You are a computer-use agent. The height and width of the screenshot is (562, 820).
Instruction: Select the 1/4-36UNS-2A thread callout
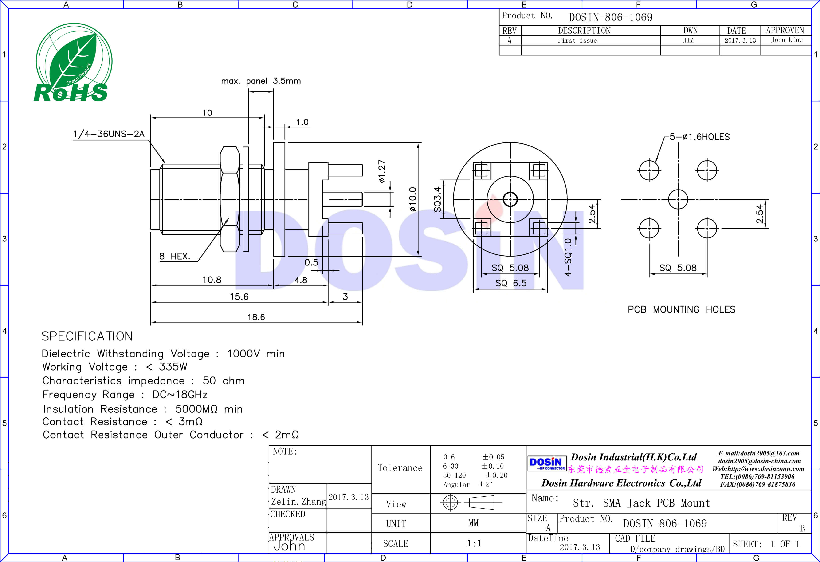(x=109, y=134)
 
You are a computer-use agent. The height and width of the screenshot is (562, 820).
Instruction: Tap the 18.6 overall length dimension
(x=256, y=317)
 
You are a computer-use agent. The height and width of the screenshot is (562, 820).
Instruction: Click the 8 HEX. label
(x=175, y=256)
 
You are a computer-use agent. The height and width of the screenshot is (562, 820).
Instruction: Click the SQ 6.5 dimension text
(x=510, y=283)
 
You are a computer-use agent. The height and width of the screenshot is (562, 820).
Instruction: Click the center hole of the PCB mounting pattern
(x=678, y=199)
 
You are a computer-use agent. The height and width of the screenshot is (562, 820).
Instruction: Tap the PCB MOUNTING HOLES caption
(x=681, y=310)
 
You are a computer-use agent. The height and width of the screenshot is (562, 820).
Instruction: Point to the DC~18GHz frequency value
(x=180, y=395)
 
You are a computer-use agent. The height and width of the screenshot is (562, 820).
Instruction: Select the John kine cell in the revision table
(x=786, y=40)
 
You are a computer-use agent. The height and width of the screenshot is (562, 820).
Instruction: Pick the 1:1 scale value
(x=474, y=543)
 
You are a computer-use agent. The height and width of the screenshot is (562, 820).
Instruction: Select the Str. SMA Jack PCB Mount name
(x=641, y=503)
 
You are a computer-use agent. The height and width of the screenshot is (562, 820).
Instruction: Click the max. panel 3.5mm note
(x=261, y=81)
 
